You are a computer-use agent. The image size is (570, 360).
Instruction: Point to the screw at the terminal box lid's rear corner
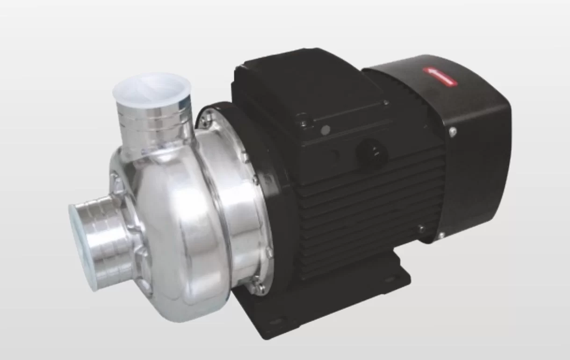coord(386,102)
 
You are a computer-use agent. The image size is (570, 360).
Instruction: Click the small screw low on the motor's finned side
coord(421,229)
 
